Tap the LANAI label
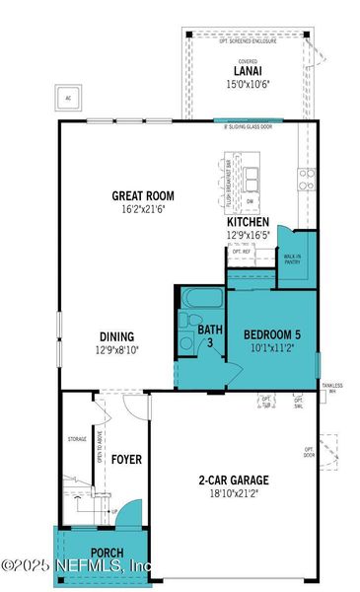point(247,70)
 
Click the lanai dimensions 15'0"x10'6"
point(247,83)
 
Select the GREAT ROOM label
point(143,195)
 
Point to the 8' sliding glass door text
point(247,126)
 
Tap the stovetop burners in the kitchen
point(307,182)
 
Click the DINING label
point(117,335)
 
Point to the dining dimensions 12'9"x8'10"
point(117,349)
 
